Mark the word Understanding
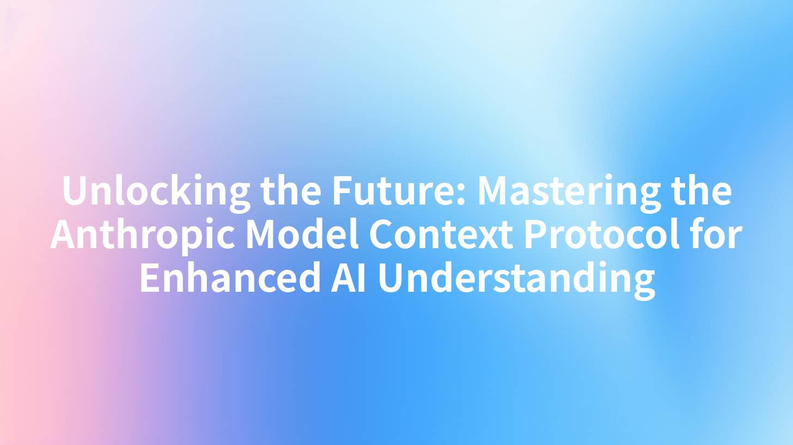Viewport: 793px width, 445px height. (516, 279)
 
